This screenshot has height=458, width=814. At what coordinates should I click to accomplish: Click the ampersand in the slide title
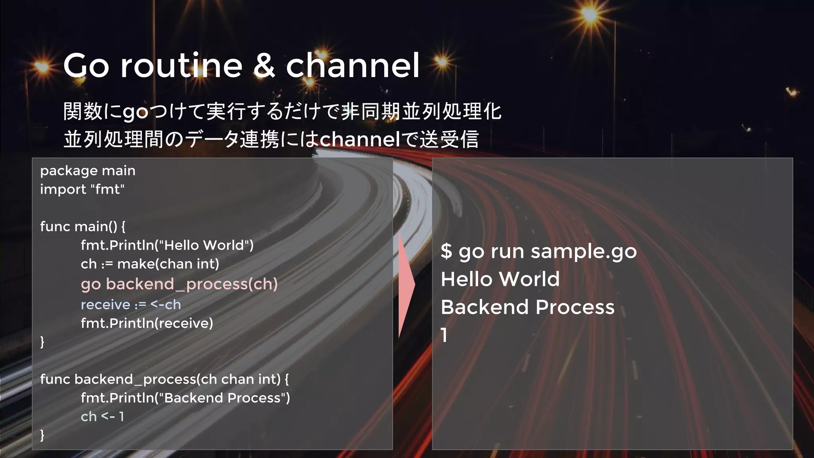(x=264, y=66)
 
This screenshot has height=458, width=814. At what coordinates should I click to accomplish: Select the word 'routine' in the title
(x=181, y=66)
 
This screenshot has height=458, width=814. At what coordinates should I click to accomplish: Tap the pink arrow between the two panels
(x=406, y=285)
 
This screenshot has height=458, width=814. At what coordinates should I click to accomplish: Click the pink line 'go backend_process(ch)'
(x=179, y=284)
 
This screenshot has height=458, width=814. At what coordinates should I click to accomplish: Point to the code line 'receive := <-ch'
(x=131, y=305)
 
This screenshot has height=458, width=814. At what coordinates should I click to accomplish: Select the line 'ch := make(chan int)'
(x=150, y=264)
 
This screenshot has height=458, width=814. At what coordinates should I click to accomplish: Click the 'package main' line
(x=88, y=171)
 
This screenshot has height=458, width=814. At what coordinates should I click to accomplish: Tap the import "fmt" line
(x=82, y=189)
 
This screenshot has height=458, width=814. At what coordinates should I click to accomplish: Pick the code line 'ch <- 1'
(x=103, y=417)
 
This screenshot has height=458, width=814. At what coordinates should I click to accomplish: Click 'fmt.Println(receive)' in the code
(x=147, y=323)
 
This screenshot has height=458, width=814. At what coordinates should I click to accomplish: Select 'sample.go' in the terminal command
(x=583, y=251)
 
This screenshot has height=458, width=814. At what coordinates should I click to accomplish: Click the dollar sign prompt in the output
(x=446, y=251)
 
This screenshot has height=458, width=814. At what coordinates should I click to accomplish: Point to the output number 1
(x=444, y=335)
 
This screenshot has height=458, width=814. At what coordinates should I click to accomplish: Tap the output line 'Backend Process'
(x=527, y=307)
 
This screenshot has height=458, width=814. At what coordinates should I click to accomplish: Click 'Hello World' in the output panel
(x=500, y=279)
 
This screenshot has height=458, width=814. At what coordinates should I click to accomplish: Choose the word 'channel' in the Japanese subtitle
(x=360, y=139)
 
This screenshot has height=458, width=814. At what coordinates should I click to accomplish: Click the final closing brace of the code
(x=42, y=435)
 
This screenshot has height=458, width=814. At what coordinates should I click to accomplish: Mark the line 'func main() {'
(x=83, y=227)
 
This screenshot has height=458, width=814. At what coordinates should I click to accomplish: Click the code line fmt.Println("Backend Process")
(x=185, y=398)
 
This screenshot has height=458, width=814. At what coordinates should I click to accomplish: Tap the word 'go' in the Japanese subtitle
(x=136, y=112)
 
